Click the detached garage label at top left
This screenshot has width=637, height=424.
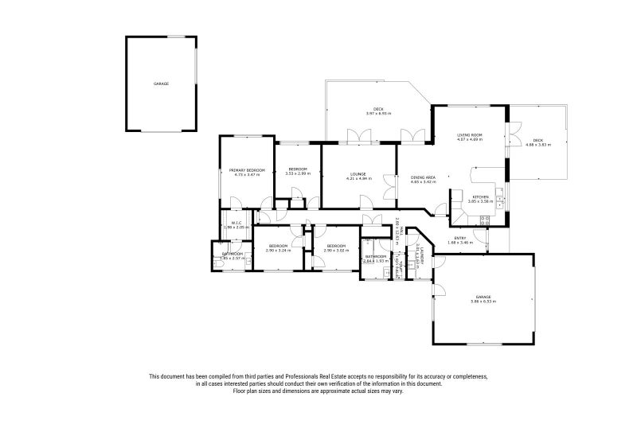pos(161,84)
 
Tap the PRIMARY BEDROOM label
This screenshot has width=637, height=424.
pos(247,170)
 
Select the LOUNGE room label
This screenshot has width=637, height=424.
pos(358,174)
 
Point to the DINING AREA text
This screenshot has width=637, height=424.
pos(423,177)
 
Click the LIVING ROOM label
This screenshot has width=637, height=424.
pos(469,135)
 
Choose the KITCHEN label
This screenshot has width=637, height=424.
pos(480,196)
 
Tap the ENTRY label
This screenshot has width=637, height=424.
pos(461,238)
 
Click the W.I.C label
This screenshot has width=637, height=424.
pos(236,223)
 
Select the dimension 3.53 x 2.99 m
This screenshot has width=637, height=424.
pos(298,173)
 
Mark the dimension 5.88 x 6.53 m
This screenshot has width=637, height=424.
pos(483,301)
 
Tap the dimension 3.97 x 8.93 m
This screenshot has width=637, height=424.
pos(379,113)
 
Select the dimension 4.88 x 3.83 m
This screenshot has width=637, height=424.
pos(538,145)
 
